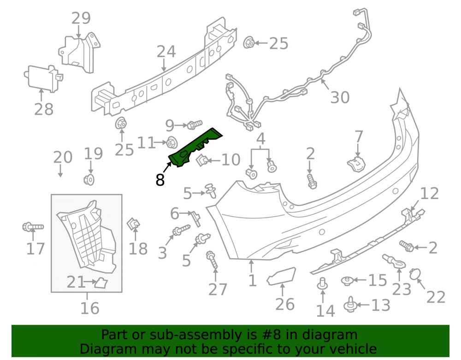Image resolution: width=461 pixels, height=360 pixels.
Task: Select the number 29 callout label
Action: tap(81, 18)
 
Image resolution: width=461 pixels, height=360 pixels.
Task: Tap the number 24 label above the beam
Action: tap(166, 52)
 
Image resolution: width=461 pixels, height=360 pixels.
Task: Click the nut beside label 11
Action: tap(171, 142)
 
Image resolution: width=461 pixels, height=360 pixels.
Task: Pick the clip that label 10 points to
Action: tap(202, 160)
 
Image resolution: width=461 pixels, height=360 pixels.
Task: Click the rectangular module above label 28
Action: tap(43, 78)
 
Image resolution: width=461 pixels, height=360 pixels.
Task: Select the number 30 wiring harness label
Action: tap(340, 97)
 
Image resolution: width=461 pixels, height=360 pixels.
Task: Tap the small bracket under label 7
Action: tap(356, 164)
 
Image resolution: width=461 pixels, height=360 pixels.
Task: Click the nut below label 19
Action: tap(89, 179)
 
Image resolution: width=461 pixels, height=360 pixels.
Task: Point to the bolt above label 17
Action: tap(33, 227)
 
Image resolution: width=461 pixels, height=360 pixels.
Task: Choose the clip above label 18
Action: tap(134, 224)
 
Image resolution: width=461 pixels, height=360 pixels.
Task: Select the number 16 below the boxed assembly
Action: tap(90, 308)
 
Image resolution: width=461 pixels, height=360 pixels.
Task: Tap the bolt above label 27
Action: tap(212, 260)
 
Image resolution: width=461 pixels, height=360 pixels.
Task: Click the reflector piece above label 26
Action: tap(281, 276)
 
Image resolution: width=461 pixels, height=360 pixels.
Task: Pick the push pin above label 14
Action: tap(323, 283)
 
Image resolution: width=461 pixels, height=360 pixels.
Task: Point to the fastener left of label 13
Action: tap(350, 305)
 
